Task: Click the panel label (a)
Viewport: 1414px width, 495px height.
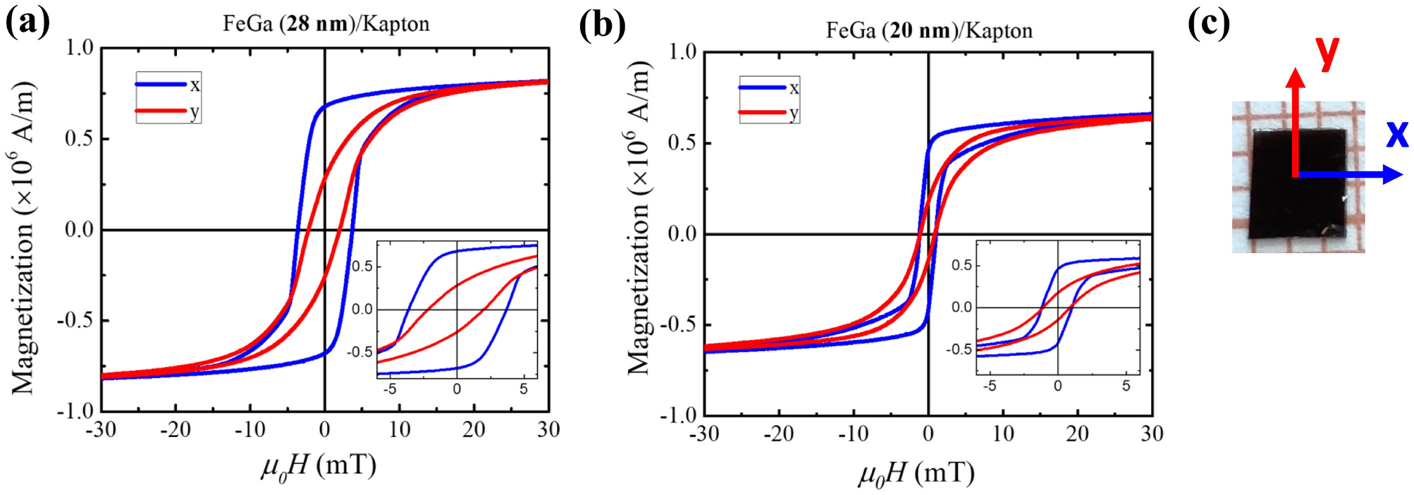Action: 28,23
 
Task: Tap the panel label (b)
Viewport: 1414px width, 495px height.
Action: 602,26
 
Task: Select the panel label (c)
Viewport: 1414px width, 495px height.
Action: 1208,23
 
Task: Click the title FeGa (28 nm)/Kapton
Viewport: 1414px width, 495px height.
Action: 326,24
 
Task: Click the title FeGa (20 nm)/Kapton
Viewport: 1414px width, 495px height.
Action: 929,31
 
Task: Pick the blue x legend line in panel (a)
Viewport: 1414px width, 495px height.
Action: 161,85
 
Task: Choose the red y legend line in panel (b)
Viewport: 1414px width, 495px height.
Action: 763,113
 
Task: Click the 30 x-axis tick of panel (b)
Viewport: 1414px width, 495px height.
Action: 1151,433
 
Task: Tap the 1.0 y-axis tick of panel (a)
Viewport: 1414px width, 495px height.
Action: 79,48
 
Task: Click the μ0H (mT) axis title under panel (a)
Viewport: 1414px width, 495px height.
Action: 319,466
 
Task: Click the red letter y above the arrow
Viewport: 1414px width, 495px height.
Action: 1327,52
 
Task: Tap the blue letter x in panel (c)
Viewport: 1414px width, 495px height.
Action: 1396,133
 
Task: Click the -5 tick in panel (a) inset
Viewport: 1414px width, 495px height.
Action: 389,389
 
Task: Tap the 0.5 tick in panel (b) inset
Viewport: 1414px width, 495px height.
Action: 961,265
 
